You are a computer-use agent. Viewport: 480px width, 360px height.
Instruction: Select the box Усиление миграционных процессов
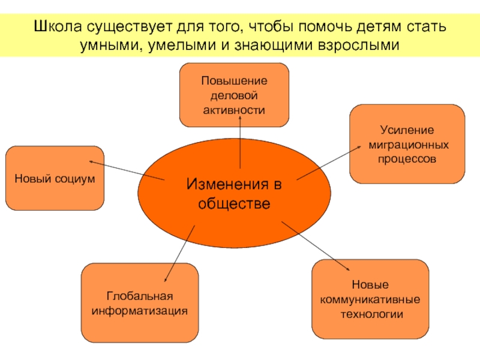[407, 144]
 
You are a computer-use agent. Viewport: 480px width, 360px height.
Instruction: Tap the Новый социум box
[55, 178]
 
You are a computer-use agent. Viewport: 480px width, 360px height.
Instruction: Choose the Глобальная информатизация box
[140, 303]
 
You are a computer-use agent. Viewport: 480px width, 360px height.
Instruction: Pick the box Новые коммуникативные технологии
[370, 299]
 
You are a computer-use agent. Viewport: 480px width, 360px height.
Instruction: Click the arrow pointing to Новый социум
[126, 170]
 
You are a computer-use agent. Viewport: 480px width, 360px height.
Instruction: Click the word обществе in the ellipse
[234, 203]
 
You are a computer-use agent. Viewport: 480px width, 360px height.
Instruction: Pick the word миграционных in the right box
[407, 145]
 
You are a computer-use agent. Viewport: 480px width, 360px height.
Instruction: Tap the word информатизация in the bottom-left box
[140, 311]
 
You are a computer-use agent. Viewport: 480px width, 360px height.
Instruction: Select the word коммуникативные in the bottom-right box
[370, 299]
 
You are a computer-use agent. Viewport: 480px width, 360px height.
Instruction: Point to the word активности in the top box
[235, 109]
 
